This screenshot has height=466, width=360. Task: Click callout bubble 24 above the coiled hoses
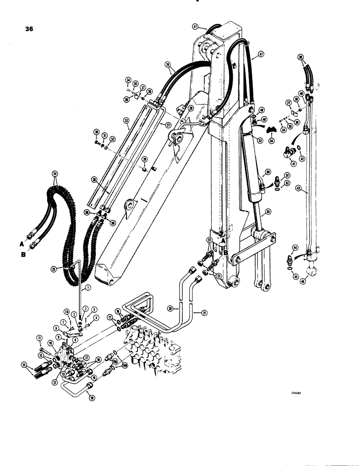(56, 176)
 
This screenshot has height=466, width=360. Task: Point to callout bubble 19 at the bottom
(91, 397)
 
